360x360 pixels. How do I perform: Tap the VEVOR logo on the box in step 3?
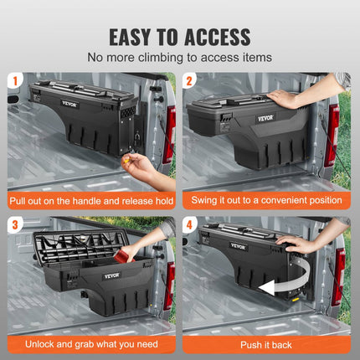[x=111, y=275]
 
